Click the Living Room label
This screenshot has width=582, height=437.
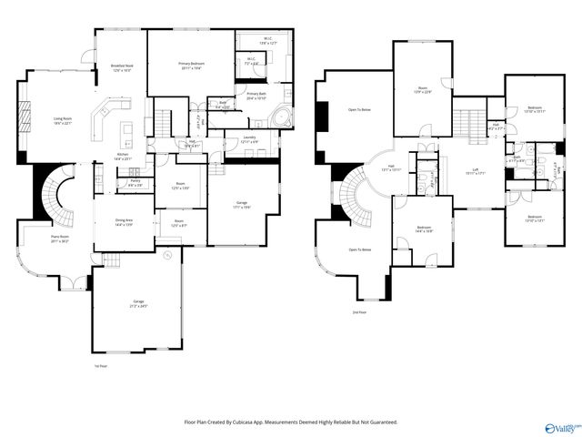(x=62, y=121)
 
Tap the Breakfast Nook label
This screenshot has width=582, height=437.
(x=121, y=67)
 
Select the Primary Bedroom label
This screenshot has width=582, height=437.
(x=191, y=66)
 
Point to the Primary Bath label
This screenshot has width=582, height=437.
(x=256, y=97)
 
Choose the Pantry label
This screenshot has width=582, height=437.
(x=135, y=183)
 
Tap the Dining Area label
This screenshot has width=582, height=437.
(x=124, y=222)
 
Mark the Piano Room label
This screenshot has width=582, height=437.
(x=59, y=239)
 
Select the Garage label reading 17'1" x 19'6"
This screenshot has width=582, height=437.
(x=242, y=205)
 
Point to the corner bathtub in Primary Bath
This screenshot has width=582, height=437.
(x=283, y=117)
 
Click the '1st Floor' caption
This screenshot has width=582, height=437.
(x=101, y=367)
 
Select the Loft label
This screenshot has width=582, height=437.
(x=475, y=171)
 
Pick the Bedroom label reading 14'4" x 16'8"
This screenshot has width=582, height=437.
(x=424, y=229)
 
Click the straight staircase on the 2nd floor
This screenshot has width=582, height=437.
(x=470, y=120)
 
